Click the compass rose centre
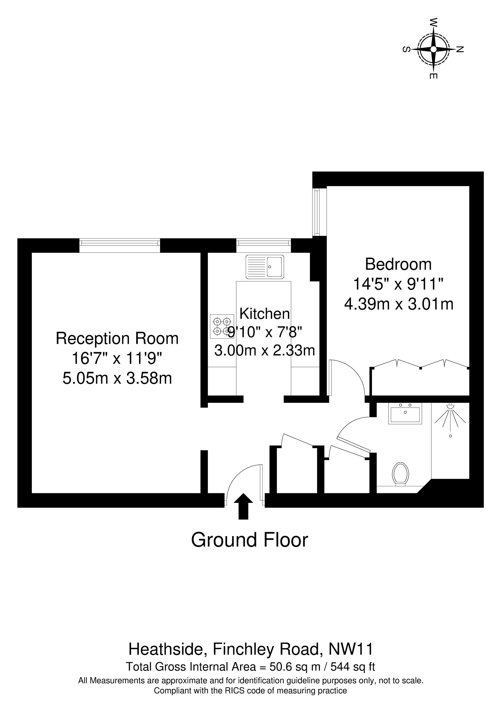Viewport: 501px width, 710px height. coord(433,49)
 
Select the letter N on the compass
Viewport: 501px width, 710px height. coord(460,49)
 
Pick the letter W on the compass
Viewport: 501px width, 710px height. coord(434,22)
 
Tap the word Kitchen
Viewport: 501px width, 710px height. coord(265,314)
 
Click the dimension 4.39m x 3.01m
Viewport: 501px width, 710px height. coord(399,304)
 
